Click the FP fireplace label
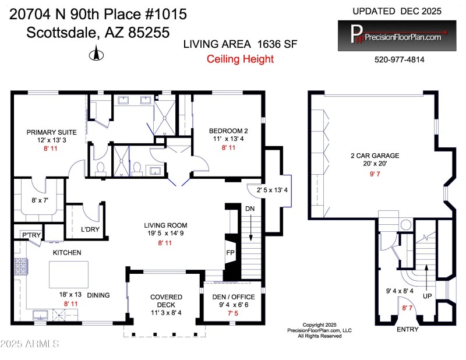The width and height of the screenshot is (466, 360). [231, 253]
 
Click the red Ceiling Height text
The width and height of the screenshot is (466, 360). [241, 59]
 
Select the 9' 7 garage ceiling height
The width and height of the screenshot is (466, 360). [382, 173]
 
